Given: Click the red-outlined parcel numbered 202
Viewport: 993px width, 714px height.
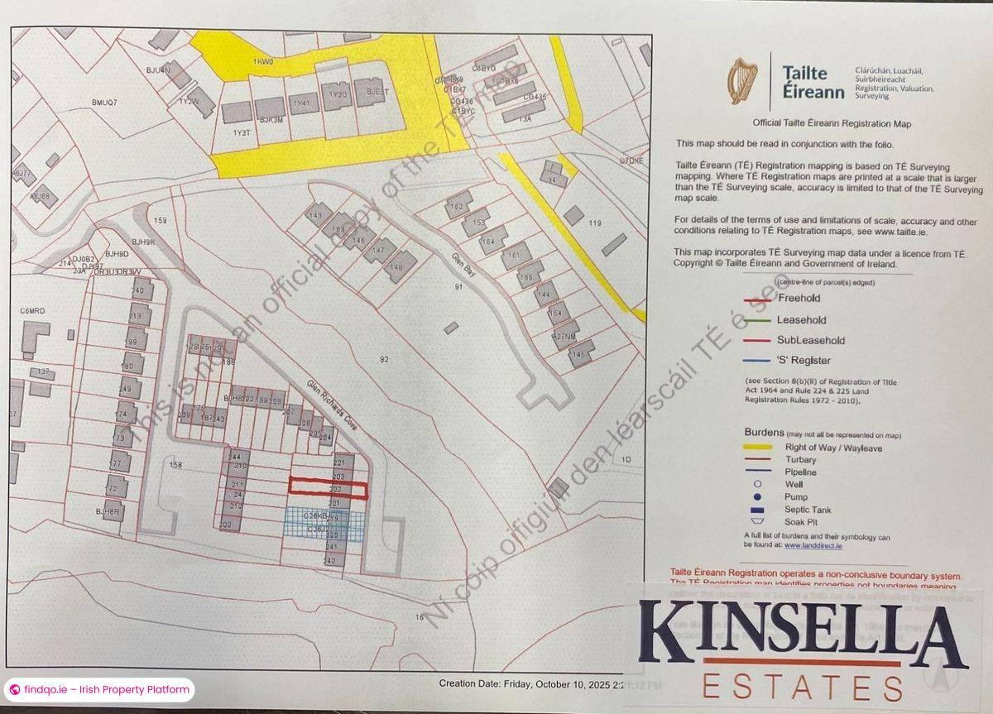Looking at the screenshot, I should coord(328,489).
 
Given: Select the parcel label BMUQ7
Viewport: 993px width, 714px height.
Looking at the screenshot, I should coord(105,103).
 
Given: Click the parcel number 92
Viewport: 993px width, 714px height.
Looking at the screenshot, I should coord(384,359).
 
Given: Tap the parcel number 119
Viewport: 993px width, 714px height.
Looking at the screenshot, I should coord(594,223).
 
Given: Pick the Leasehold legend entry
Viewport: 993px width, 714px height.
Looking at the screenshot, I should coord(801,319).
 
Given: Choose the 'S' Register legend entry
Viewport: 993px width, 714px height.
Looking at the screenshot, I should coord(804,361).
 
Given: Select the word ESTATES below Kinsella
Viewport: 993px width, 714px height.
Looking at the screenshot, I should coord(802,687).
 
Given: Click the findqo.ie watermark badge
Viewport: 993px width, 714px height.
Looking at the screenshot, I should coord(99,689).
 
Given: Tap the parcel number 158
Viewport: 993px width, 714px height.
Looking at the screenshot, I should coord(175,465).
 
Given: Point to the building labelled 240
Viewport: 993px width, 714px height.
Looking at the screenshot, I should coord(138,290).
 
